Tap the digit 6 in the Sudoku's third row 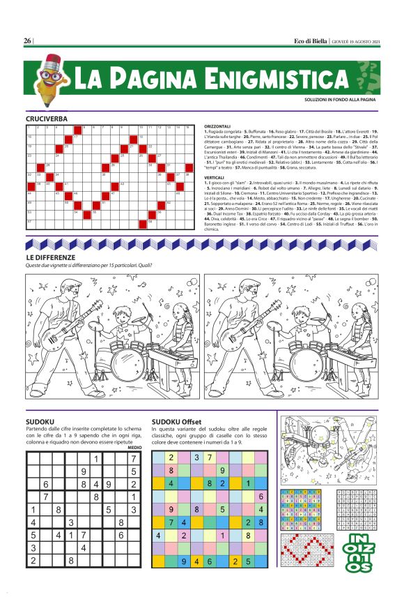(46, 484)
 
